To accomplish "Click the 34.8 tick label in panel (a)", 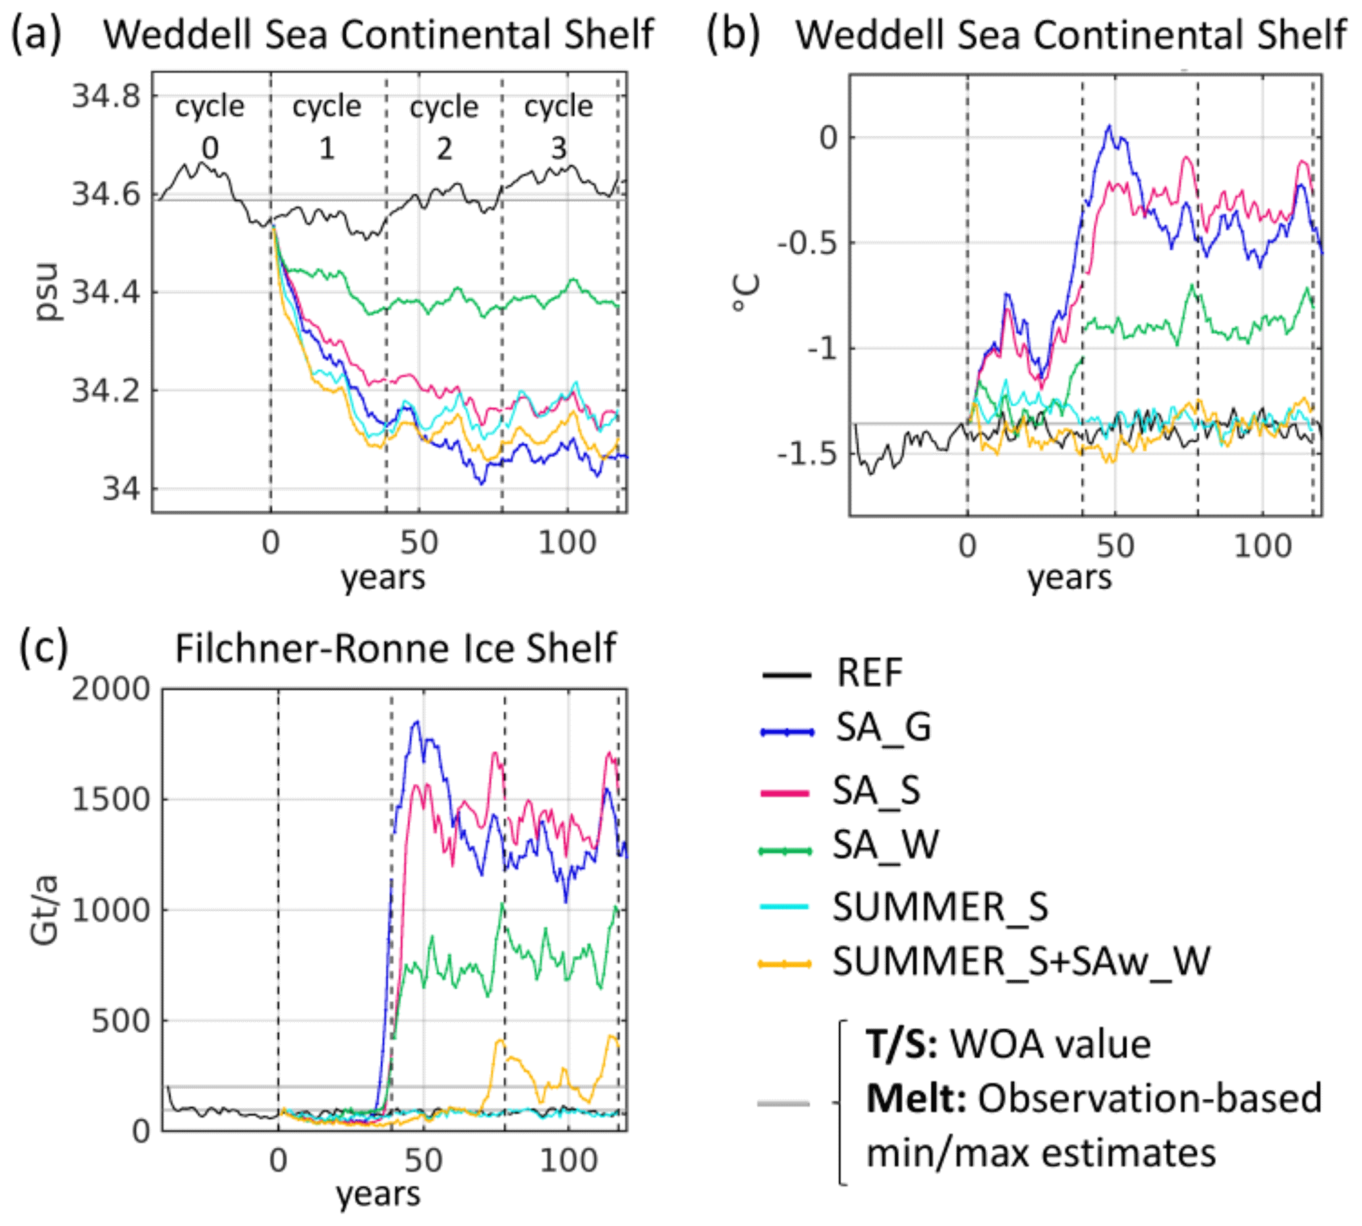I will click(106, 96).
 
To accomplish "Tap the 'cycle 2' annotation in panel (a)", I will click(443, 127).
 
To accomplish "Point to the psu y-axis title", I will click(47, 292).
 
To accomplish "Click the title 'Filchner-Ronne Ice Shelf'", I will click(395, 649).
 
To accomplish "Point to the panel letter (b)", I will click(733, 34).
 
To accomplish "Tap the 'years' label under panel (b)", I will click(1069, 577).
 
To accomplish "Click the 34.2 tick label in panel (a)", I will click(106, 390).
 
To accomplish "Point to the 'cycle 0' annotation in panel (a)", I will click(210, 127).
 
